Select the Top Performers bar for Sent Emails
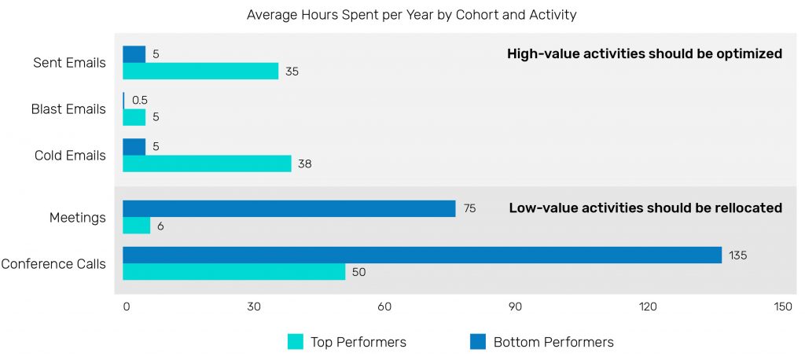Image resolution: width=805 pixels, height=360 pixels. (200, 71)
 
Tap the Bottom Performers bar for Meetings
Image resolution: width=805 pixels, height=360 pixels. (289, 208)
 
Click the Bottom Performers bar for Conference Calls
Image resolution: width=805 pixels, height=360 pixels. (422, 255)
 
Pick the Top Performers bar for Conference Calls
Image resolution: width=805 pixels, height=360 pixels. (233, 272)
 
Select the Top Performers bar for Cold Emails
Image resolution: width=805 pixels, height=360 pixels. (207, 163)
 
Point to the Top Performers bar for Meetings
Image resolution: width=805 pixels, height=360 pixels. (136, 226)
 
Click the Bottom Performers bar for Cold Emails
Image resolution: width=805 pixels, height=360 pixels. (134, 147)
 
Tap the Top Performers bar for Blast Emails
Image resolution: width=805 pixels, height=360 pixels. (134, 117)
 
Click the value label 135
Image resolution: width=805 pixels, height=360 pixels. (737, 255)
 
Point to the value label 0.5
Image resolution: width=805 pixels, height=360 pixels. (140, 101)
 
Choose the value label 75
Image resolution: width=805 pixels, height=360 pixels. (469, 208)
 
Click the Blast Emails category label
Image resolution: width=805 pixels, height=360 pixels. (68, 109)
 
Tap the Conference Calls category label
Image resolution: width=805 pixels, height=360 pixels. (53, 263)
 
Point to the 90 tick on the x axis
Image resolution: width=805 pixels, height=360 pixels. (516, 307)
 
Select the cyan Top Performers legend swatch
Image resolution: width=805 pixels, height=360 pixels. (296, 342)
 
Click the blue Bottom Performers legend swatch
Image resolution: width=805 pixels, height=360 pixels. (478, 342)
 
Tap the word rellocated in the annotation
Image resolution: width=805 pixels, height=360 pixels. (744, 208)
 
